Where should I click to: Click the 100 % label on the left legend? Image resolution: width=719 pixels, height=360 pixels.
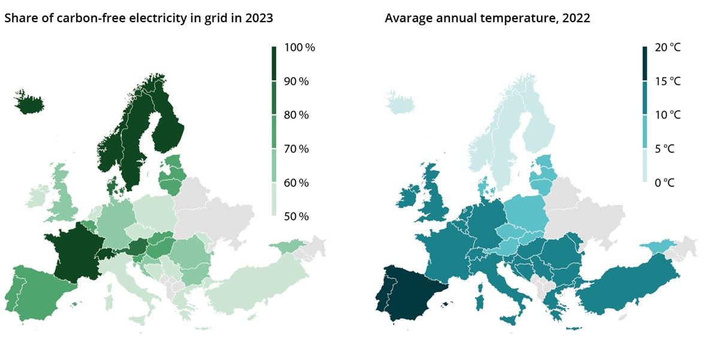click(298, 48)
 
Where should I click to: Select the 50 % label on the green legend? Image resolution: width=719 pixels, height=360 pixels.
click(296, 216)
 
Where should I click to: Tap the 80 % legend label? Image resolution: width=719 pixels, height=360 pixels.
click(296, 115)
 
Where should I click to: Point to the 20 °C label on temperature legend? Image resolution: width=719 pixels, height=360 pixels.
click(667, 48)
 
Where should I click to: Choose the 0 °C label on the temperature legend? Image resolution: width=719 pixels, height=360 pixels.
click(664, 183)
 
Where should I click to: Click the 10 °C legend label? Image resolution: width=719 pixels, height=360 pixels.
click(667, 115)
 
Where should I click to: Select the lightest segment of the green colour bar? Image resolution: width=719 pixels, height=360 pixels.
click(274, 199)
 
